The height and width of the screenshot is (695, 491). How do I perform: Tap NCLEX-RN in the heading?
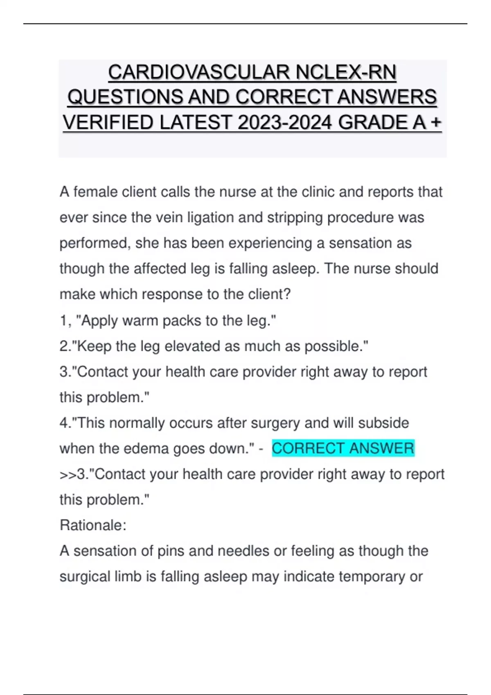click(346, 73)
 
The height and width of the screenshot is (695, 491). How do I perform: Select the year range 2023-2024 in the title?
click(284, 123)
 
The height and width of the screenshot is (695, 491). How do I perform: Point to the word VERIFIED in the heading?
click(108, 123)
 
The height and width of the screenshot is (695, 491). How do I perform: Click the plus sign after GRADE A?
click(436, 123)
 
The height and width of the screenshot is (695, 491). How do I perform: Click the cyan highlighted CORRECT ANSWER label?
click(343, 448)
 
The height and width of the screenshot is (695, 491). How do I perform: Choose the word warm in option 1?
click(140, 321)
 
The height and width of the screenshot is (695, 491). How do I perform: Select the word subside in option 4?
click(383, 423)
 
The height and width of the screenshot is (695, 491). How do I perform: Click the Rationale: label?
click(93, 525)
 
